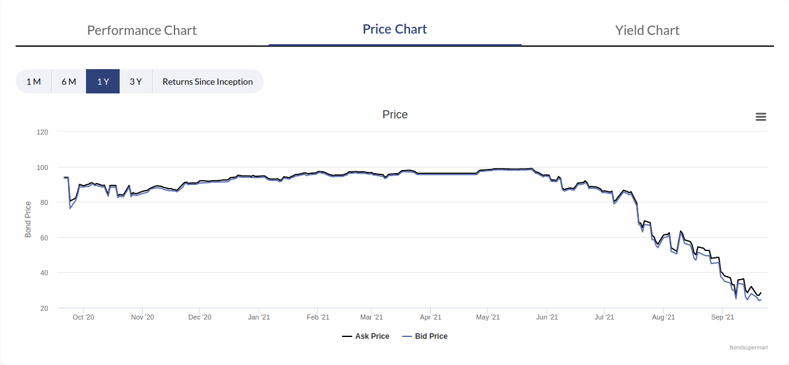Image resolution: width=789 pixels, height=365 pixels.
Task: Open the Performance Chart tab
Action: point(141,30)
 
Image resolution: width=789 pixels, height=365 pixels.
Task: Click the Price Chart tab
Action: point(395,29)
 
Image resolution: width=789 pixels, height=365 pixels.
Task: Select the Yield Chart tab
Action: point(647,30)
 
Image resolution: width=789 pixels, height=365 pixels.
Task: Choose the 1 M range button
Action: point(34,82)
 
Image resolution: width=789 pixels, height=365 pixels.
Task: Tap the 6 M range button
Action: point(69,82)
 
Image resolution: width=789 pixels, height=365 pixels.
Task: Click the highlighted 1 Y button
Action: point(103,82)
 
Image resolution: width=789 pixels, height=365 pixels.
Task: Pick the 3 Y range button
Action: point(136,82)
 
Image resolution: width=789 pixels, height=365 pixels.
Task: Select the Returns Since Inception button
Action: point(208,82)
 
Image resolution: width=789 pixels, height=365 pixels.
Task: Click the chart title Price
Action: point(395,115)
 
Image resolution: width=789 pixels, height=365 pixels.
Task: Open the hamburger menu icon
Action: point(760,117)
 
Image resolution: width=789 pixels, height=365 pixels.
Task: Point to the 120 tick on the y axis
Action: point(42,132)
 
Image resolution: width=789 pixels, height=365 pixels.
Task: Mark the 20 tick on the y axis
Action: point(44,308)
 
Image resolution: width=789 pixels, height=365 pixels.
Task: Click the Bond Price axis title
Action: point(28,219)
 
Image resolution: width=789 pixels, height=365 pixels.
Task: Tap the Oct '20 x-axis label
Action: point(83,318)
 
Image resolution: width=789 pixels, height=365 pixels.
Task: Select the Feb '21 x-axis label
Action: point(318,318)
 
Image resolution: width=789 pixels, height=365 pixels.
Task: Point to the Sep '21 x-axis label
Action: point(722,318)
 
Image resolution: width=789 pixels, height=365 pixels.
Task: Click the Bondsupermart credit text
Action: point(748,348)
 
